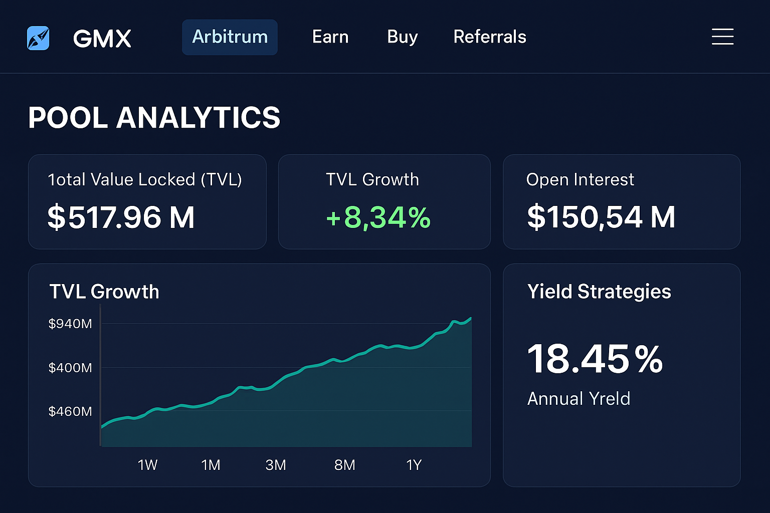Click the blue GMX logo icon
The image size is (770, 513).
38,38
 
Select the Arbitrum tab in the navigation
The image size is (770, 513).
230,37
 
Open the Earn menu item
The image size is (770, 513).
330,37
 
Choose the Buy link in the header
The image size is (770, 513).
402,37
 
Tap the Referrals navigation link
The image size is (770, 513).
490,37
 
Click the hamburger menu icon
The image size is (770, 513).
722,37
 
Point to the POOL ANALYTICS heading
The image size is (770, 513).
154,118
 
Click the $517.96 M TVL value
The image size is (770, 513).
121,217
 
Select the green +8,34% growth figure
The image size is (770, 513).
378,217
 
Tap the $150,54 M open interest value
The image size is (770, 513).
601,217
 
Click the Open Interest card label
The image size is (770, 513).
580,179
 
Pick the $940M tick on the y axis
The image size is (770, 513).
70,324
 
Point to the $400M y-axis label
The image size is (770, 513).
70,368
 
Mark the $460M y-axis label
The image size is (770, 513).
70,411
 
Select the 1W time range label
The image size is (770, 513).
147,465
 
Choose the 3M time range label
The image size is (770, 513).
276,465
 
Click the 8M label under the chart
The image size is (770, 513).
345,465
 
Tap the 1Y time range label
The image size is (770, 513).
414,465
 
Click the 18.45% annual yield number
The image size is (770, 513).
595,359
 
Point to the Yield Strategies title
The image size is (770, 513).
599,292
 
